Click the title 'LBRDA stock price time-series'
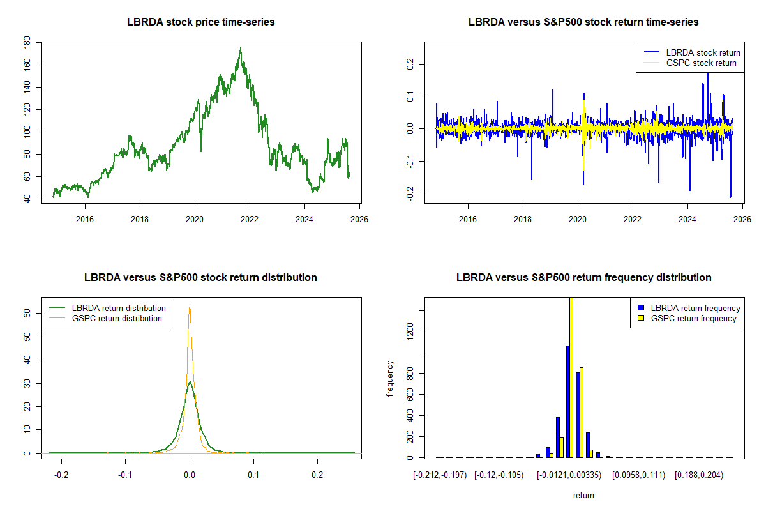pos(201,22)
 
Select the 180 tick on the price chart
pos(27,43)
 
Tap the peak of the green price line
pos(240,49)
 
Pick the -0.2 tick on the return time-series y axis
pos(410,194)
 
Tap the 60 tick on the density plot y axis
pos(27,314)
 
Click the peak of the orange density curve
pos(190,307)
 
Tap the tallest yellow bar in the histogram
pos(571,377)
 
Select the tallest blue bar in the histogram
pos(567,401)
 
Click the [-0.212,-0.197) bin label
pos(440,476)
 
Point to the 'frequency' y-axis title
pos(391,379)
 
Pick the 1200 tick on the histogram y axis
pos(410,330)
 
